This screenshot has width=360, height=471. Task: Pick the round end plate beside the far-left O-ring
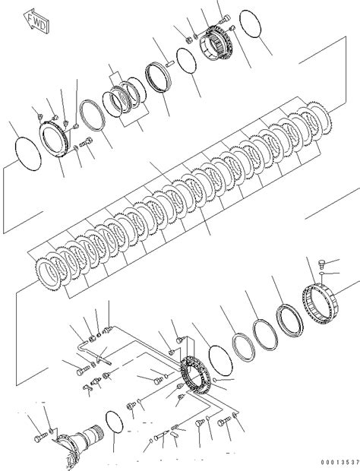(58, 140)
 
